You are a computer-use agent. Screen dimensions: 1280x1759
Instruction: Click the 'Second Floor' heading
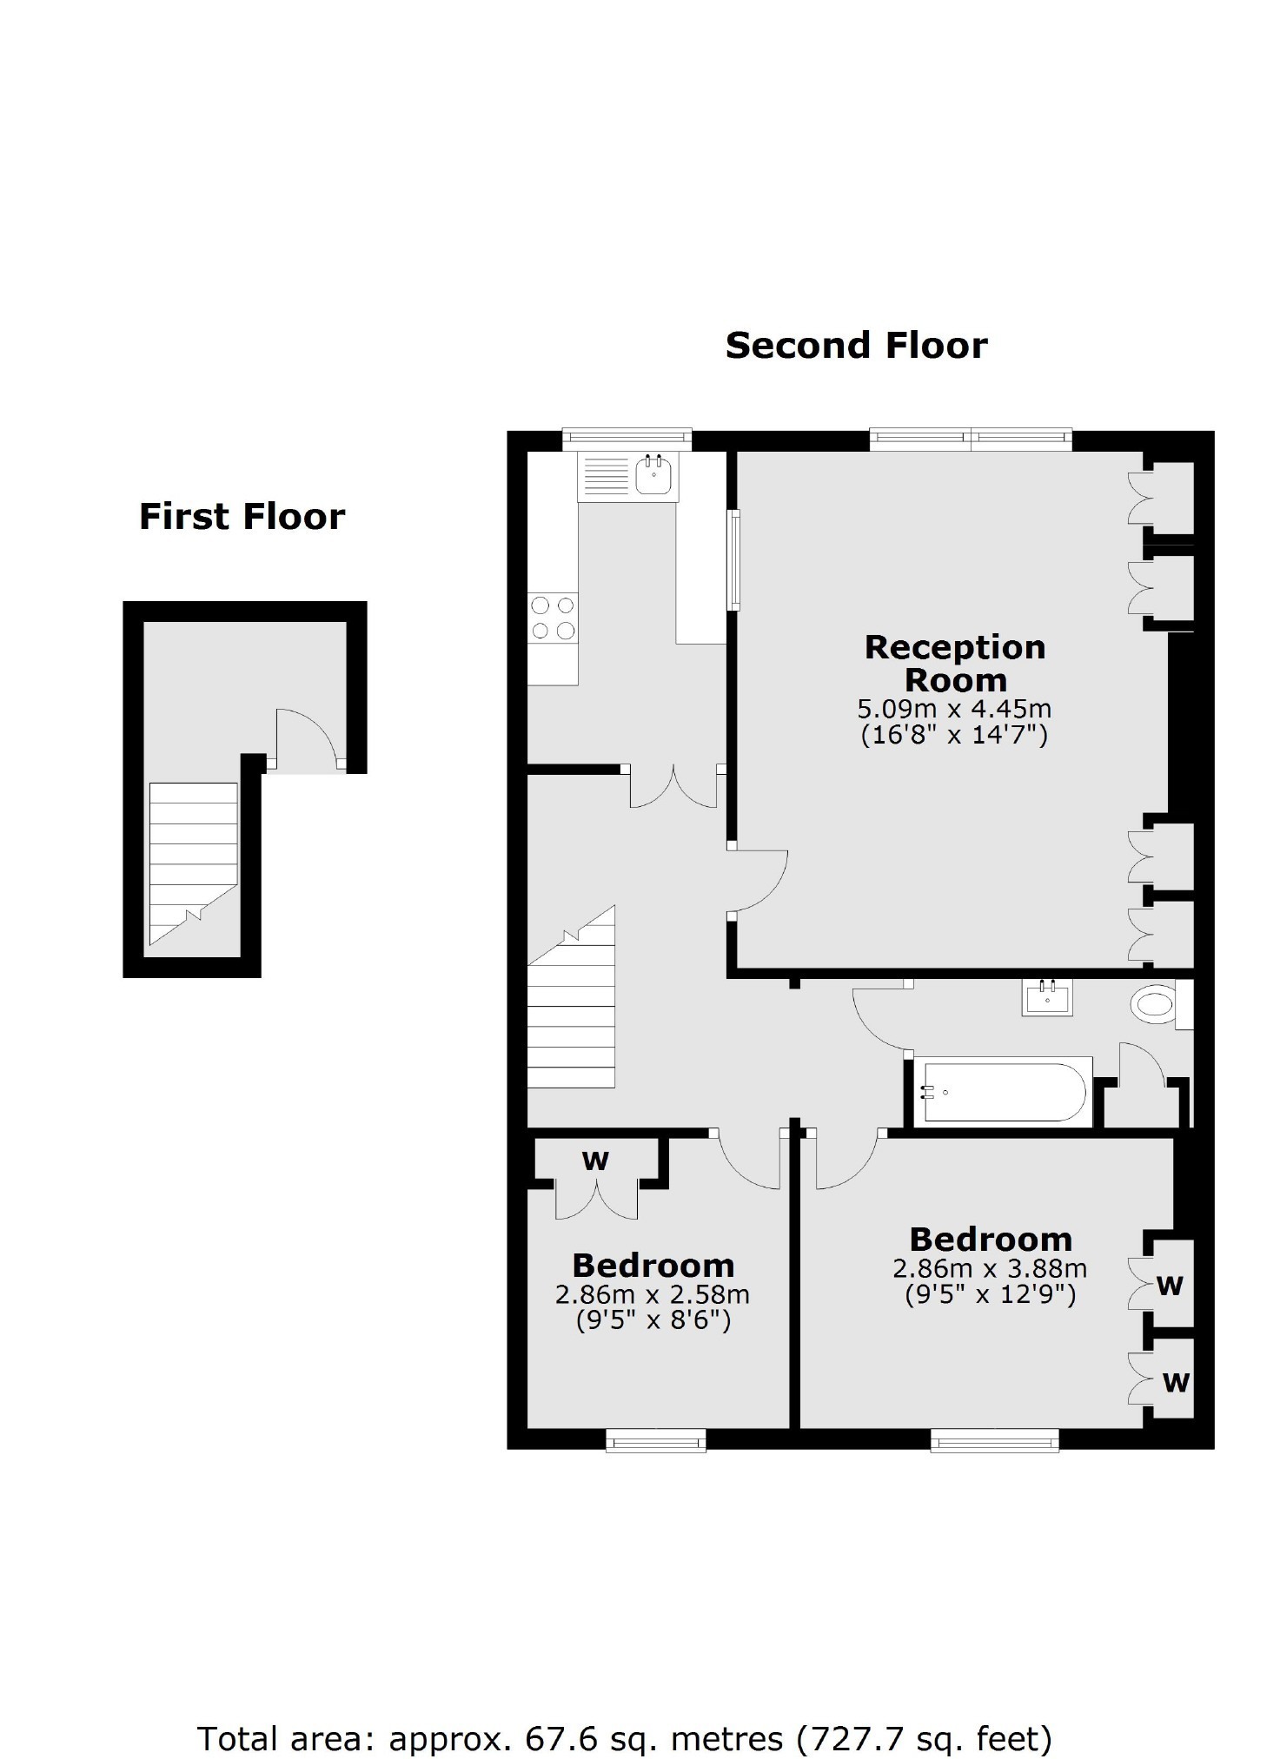(x=856, y=346)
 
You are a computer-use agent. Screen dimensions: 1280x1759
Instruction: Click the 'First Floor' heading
(x=242, y=517)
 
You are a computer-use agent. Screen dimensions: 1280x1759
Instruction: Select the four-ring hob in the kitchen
(x=553, y=618)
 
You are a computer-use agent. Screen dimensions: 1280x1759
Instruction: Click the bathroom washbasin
(x=1047, y=996)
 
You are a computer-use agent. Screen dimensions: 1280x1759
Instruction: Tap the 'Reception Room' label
(x=955, y=664)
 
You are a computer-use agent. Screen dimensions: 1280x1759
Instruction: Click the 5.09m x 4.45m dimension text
(x=955, y=709)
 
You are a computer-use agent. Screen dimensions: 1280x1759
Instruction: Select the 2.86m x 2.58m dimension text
(x=653, y=1295)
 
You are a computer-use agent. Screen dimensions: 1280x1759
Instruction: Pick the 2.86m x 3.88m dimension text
(x=991, y=1269)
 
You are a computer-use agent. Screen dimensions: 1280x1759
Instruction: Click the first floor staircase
(x=194, y=863)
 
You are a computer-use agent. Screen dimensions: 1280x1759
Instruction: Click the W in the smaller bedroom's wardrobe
(x=595, y=1161)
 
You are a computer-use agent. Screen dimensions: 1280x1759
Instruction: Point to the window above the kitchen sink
(x=627, y=438)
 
